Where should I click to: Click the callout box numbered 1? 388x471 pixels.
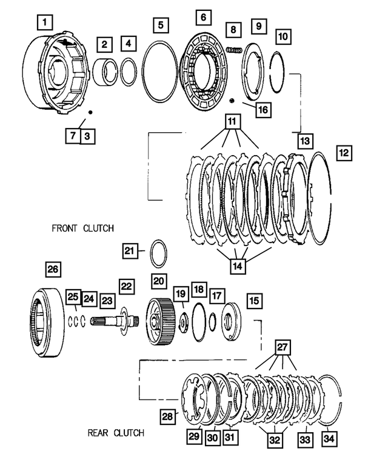(45, 23)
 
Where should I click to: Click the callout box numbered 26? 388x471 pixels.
(53, 269)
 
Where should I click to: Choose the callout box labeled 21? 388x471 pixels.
(129, 250)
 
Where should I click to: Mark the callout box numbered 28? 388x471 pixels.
(167, 416)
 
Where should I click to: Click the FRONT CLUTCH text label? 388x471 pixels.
(82, 228)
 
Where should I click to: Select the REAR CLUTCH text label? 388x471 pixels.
(116, 433)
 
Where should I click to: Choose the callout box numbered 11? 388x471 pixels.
(231, 119)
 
